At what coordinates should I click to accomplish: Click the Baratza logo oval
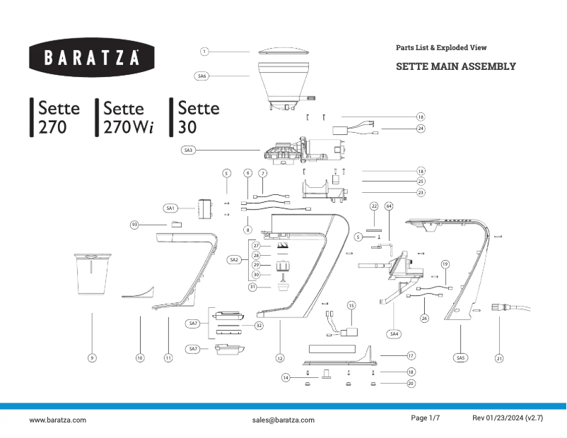[92, 58]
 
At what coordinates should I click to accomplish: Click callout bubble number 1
[204, 51]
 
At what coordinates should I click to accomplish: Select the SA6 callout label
[201, 76]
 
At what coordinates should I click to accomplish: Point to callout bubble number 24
[420, 129]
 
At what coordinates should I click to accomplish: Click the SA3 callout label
[188, 150]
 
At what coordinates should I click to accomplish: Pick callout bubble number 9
[92, 358]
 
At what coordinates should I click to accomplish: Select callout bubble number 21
[499, 358]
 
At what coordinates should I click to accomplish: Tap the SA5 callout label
[460, 358]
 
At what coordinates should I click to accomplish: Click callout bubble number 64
[388, 206]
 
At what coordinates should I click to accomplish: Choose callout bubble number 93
[134, 224]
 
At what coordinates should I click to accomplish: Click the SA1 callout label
[170, 208]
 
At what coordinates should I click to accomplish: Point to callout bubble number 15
[351, 305]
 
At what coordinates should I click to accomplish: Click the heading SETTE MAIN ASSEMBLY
[455, 66]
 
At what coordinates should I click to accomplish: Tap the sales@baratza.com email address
[283, 420]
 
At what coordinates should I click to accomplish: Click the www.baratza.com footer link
[57, 420]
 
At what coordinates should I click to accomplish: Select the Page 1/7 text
[426, 418]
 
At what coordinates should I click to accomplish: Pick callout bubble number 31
[252, 287]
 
